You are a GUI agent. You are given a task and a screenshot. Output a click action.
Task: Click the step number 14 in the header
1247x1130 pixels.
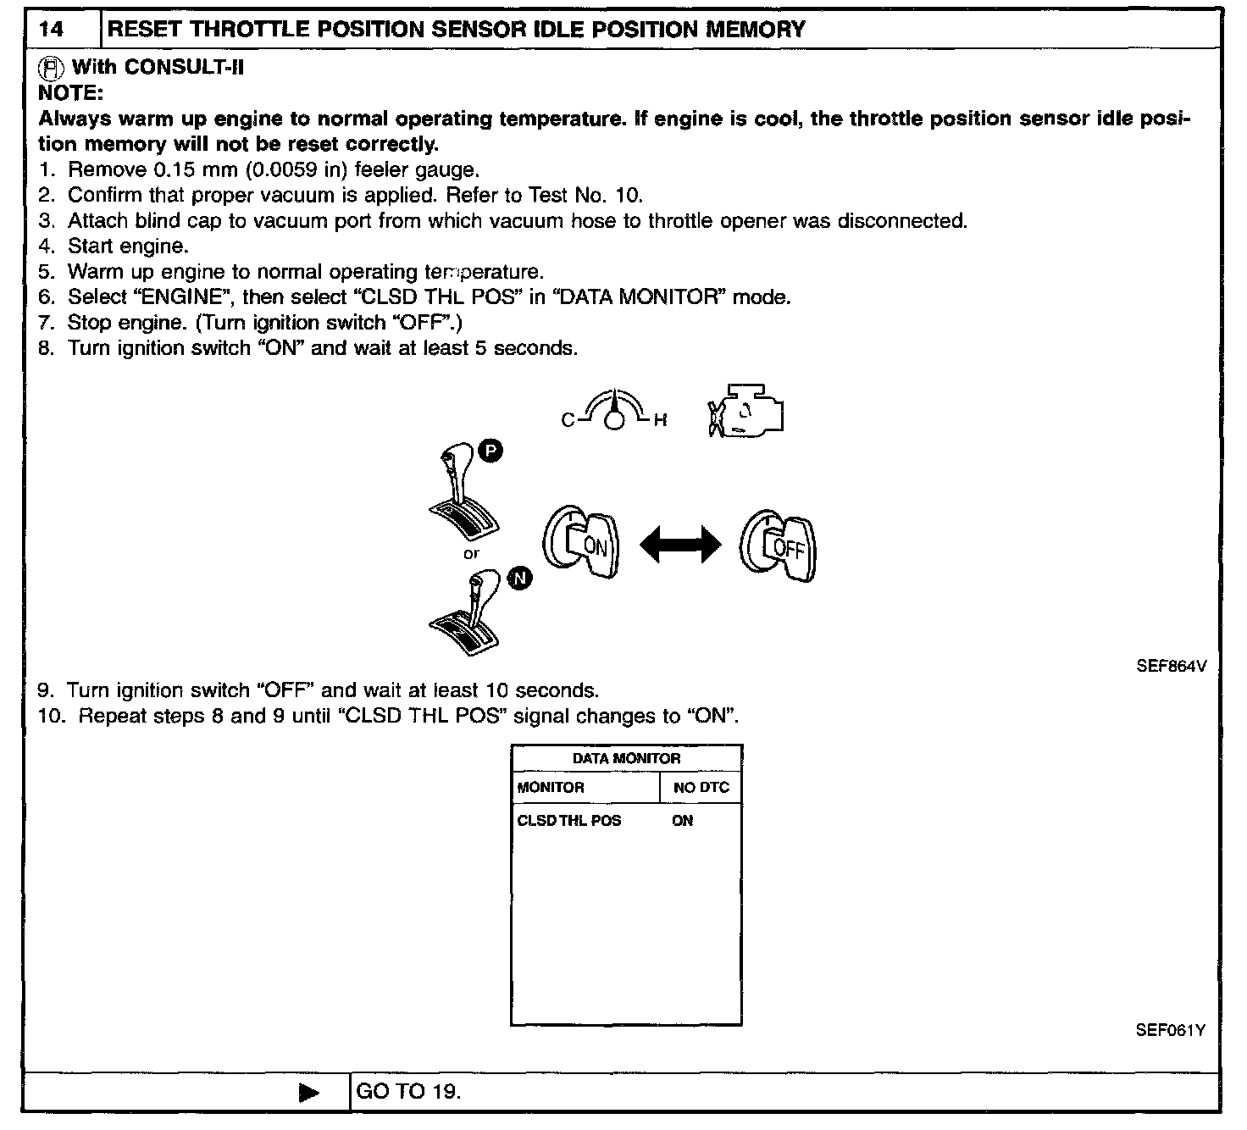52,30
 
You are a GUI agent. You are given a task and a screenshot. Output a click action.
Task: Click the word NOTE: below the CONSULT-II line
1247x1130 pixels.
70,92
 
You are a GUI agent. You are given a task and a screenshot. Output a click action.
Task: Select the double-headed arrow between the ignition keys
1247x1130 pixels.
679,545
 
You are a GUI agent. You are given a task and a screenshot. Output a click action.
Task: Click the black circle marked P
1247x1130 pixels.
490,451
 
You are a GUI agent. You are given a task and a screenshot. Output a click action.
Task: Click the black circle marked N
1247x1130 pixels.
520,579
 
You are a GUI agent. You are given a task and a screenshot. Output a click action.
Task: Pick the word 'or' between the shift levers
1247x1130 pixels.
471,554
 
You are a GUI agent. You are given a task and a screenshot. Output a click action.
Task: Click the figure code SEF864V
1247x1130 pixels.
1171,667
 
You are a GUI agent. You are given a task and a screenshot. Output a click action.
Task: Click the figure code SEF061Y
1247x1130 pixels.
1171,1031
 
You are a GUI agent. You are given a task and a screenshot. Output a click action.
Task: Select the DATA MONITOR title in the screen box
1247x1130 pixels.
626,759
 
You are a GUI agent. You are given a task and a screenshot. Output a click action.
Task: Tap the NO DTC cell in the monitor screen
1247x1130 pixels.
701,788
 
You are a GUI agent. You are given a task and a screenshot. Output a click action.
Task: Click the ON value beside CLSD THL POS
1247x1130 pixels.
682,821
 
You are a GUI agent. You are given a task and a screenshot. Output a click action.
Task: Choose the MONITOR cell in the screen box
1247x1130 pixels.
551,788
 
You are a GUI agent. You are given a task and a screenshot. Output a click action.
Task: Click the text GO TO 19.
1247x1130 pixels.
408,1092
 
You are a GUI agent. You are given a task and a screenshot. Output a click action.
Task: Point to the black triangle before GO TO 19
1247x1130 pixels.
309,1093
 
